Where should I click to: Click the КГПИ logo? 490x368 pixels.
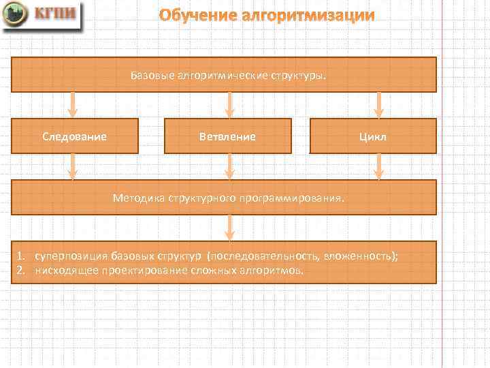(x=42, y=16)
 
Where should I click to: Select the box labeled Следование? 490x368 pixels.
(x=75, y=136)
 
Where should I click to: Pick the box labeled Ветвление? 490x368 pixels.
(x=228, y=136)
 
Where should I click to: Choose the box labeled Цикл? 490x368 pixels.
(x=373, y=136)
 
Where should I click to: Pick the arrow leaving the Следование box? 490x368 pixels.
(x=73, y=166)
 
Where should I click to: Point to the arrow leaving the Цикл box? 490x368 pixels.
(x=379, y=166)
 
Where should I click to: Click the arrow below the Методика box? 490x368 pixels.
(x=230, y=228)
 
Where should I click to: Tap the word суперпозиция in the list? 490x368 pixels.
(x=67, y=256)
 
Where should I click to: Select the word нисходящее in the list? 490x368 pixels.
(x=62, y=270)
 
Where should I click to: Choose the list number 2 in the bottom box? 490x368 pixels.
(x=21, y=270)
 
